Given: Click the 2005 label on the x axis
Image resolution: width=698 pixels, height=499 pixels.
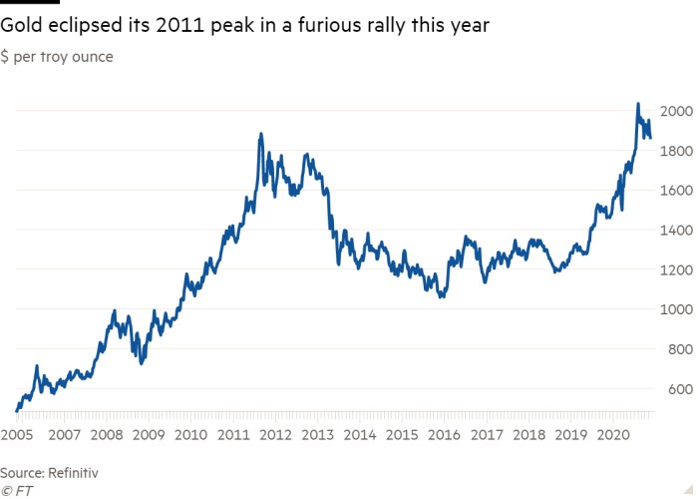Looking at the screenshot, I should point(17,435).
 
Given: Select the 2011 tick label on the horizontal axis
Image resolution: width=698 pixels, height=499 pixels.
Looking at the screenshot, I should point(232,435).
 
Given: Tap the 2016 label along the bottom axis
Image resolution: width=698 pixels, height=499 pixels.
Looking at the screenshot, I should point(446,435).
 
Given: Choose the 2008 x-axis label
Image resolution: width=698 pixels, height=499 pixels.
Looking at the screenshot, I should point(106,435).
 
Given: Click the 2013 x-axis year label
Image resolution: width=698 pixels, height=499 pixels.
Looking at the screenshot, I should point(318,435).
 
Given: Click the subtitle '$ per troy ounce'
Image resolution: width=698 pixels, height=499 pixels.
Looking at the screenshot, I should point(57,57).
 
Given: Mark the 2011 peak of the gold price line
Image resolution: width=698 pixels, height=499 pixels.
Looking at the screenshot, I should point(260,134).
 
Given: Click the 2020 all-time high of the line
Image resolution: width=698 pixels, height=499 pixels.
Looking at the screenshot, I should point(638,104).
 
